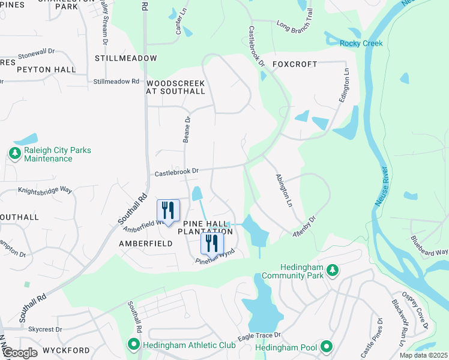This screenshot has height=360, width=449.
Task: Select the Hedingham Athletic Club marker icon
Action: click(133, 344)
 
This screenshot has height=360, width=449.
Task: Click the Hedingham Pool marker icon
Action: click(326, 347)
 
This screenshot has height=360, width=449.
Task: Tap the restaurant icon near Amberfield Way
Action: click(168, 211)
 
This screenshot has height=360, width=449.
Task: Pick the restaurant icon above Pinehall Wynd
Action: click(211, 243)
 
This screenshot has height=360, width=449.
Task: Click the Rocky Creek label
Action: click(361, 43)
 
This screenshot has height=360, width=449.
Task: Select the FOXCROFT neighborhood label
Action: click(294, 64)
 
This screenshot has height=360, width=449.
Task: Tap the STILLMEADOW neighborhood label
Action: click(125, 58)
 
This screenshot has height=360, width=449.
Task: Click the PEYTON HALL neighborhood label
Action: click(46, 70)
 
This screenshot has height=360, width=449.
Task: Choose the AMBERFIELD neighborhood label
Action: click(145, 244)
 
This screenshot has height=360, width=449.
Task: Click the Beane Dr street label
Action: click(187, 129)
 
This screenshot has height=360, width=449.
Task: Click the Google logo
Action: click(20, 353)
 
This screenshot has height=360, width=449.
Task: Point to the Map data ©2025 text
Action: click(423, 355)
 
